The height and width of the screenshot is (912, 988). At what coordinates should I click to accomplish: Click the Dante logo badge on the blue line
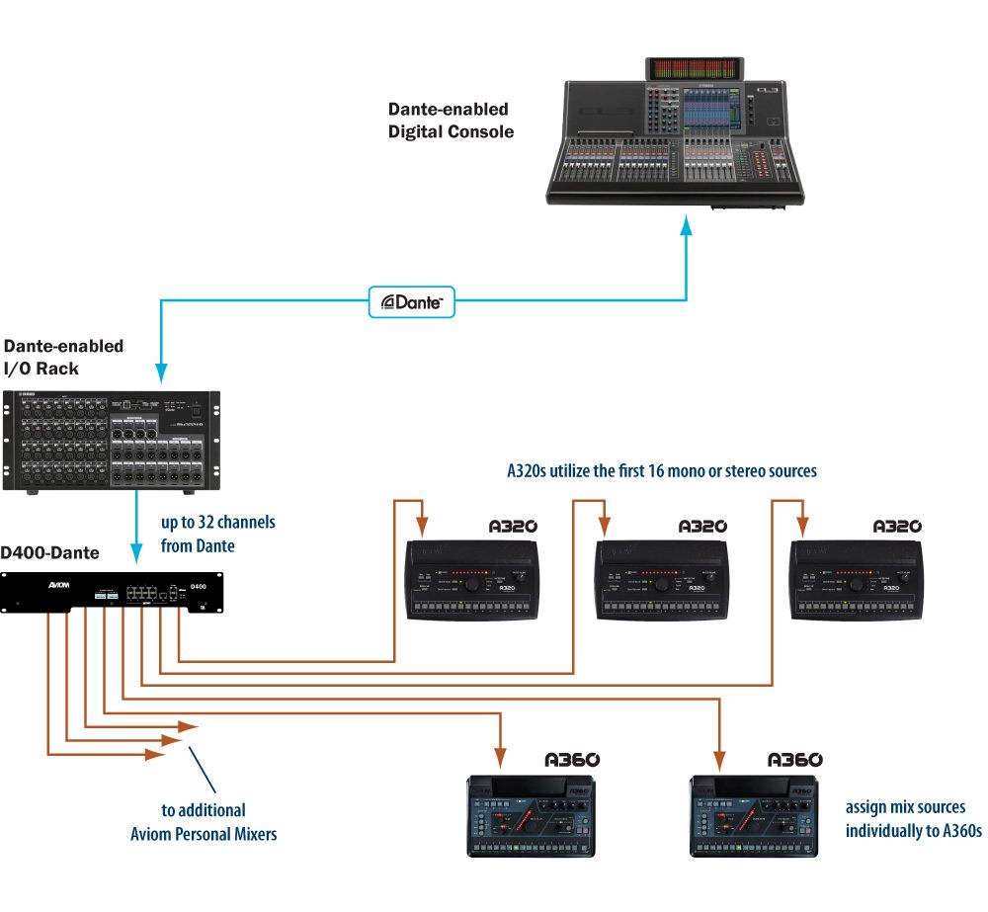tap(412, 302)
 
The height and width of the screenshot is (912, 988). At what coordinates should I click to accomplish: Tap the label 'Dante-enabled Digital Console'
tap(451, 120)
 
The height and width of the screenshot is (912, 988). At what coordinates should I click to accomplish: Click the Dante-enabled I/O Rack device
tap(112, 441)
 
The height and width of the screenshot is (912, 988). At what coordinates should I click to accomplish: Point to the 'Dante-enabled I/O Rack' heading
tap(64, 358)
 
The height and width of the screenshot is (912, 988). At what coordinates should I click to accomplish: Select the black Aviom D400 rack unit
tap(112, 592)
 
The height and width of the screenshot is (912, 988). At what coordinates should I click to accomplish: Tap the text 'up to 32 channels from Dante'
tap(217, 534)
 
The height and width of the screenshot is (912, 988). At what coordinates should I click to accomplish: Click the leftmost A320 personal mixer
tap(472, 580)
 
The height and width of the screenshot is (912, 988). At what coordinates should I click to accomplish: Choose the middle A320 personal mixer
tap(661, 580)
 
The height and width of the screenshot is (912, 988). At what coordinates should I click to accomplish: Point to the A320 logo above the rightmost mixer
tap(896, 527)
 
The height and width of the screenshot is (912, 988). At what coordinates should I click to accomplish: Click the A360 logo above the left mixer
tap(572, 760)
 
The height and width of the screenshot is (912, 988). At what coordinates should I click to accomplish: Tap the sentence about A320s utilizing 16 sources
tap(661, 471)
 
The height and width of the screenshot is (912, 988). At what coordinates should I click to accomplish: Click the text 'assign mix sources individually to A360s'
tap(913, 819)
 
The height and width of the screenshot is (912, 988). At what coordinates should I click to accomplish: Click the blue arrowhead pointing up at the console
tap(687, 227)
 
